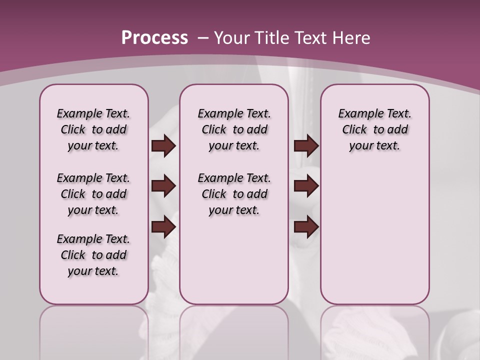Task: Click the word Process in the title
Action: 154,38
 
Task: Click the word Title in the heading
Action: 272,38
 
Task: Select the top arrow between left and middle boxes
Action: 163,146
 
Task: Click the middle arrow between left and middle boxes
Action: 163,186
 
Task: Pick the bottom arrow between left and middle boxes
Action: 163,227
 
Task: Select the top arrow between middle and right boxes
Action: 306,146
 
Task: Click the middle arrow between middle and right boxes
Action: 306,186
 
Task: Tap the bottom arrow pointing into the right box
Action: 306,227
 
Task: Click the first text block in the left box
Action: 93,129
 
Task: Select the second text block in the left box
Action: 93,194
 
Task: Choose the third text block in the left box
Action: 93,255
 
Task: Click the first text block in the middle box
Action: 234,129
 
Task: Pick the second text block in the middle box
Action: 234,194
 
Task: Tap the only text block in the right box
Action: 374,129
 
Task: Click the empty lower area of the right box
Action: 374,240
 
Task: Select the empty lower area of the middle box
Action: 234,265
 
